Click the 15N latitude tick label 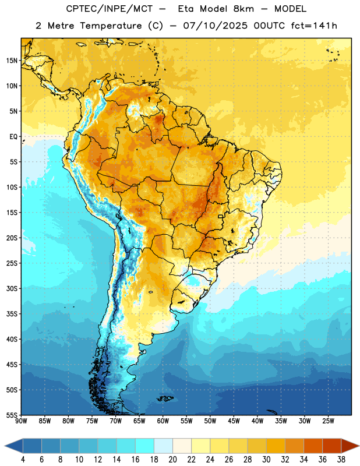[x=12, y=61]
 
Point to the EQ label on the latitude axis [x=13, y=137]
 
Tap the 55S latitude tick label [x=12, y=415]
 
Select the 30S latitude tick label [x=12, y=288]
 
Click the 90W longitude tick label [x=22, y=421]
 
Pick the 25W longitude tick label [x=328, y=421]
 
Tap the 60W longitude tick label [x=163, y=421]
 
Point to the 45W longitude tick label [x=234, y=421]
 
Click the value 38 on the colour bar [x=341, y=460]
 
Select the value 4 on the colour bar [x=23, y=460]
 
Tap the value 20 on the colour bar [x=172, y=460]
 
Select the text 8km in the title [x=243, y=9]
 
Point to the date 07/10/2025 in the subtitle [x=215, y=26]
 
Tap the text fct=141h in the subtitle [x=314, y=26]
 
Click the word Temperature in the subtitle [x=111, y=26]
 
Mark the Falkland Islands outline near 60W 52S [x=165, y=398]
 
